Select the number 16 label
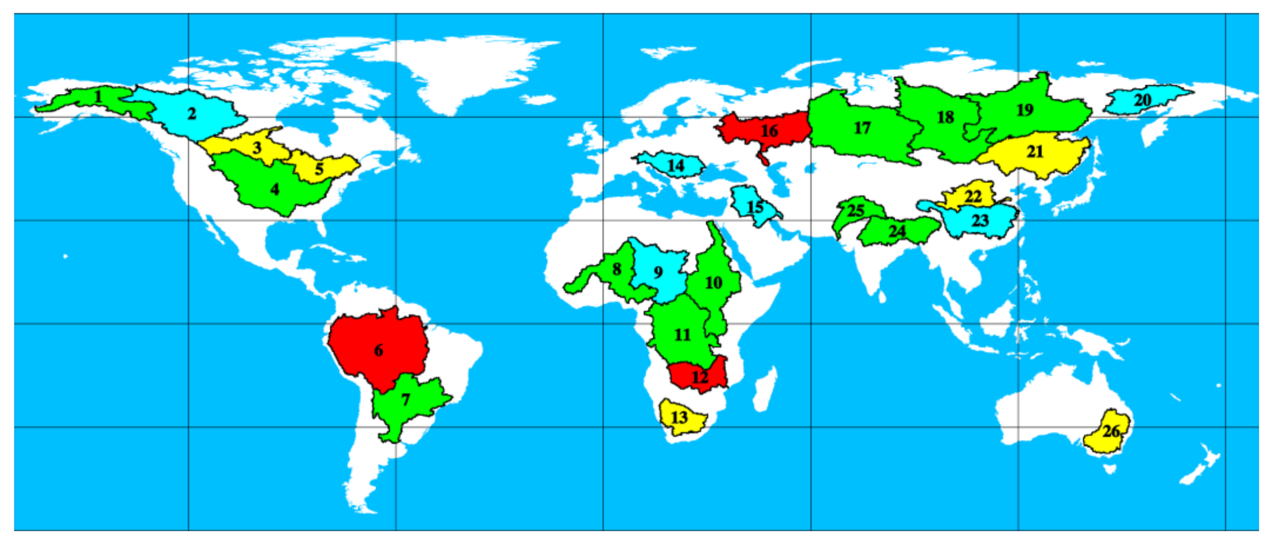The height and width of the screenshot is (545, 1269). [x=769, y=131]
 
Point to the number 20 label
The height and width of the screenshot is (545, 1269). [x=1142, y=100]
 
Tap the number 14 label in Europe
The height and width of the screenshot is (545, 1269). [x=676, y=166]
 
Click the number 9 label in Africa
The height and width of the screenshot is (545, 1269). [x=658, y=272]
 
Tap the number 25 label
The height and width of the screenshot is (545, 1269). [x=855, y=210]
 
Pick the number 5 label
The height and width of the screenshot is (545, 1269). [x=319, y=169]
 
